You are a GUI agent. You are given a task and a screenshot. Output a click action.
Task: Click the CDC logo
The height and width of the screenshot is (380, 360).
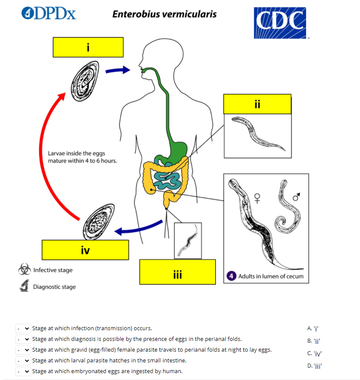(x=280, y=22)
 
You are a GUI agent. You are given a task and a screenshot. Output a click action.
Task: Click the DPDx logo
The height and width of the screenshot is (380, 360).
(x=48, y=13)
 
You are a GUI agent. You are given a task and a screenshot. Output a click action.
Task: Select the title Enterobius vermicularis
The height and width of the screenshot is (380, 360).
(x=164, y=14)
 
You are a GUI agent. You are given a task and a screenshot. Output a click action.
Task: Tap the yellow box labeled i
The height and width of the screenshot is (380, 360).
(x=88, y=47)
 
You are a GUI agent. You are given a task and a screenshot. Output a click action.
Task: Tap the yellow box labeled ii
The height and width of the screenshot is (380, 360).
(x=257, y=104)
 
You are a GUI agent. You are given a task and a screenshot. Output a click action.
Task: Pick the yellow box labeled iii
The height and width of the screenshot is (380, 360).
(x=177, y=272)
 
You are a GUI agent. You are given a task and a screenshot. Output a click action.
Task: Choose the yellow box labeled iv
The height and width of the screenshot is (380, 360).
(x=85, y=249)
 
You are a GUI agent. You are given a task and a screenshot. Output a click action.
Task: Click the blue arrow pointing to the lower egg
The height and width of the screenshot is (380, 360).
(x=138, y=230)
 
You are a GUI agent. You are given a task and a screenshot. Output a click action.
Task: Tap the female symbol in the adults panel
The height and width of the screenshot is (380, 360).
(x=257, y=198)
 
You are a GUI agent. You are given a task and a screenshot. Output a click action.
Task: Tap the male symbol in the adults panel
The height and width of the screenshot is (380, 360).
(x=296, y=196)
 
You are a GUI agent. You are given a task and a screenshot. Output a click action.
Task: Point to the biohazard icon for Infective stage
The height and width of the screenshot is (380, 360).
(x=24, y=270)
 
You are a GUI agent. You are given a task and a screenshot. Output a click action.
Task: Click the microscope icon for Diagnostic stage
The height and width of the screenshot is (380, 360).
(x=24, y=286)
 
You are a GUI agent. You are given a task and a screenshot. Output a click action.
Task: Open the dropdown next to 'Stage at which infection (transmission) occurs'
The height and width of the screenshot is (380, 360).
(x=23, y=328)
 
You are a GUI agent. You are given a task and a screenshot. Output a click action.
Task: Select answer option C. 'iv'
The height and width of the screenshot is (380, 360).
(x=315, y=353)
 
